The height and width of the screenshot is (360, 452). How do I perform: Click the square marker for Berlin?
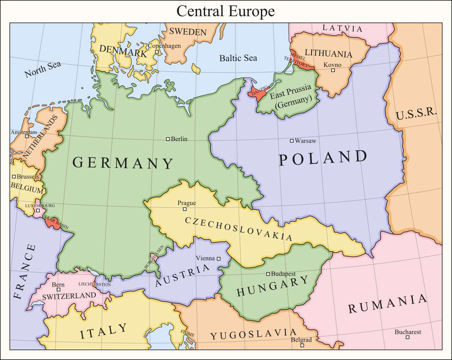point(168,139)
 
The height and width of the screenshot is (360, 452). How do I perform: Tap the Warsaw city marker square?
point(292,141)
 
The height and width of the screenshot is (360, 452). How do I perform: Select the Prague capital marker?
point(184,209)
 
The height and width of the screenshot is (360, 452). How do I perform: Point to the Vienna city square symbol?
point(219,259)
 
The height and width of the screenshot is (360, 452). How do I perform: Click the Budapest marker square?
point(268,274)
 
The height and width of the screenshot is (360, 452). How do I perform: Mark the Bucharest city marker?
point(408,337)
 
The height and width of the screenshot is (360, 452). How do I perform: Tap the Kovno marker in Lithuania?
point(333,70)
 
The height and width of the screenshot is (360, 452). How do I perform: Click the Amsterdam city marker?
point(27,136)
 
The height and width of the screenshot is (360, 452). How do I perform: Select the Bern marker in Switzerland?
point(58,290)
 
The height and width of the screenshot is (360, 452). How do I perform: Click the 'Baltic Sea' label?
point(238,58)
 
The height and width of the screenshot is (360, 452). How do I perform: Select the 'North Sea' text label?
point(43,69)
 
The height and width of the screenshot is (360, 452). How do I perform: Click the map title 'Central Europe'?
point(225,11)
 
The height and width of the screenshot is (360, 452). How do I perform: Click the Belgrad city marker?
point(302,346)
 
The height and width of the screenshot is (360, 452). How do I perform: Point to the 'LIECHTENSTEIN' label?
point(94,284)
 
